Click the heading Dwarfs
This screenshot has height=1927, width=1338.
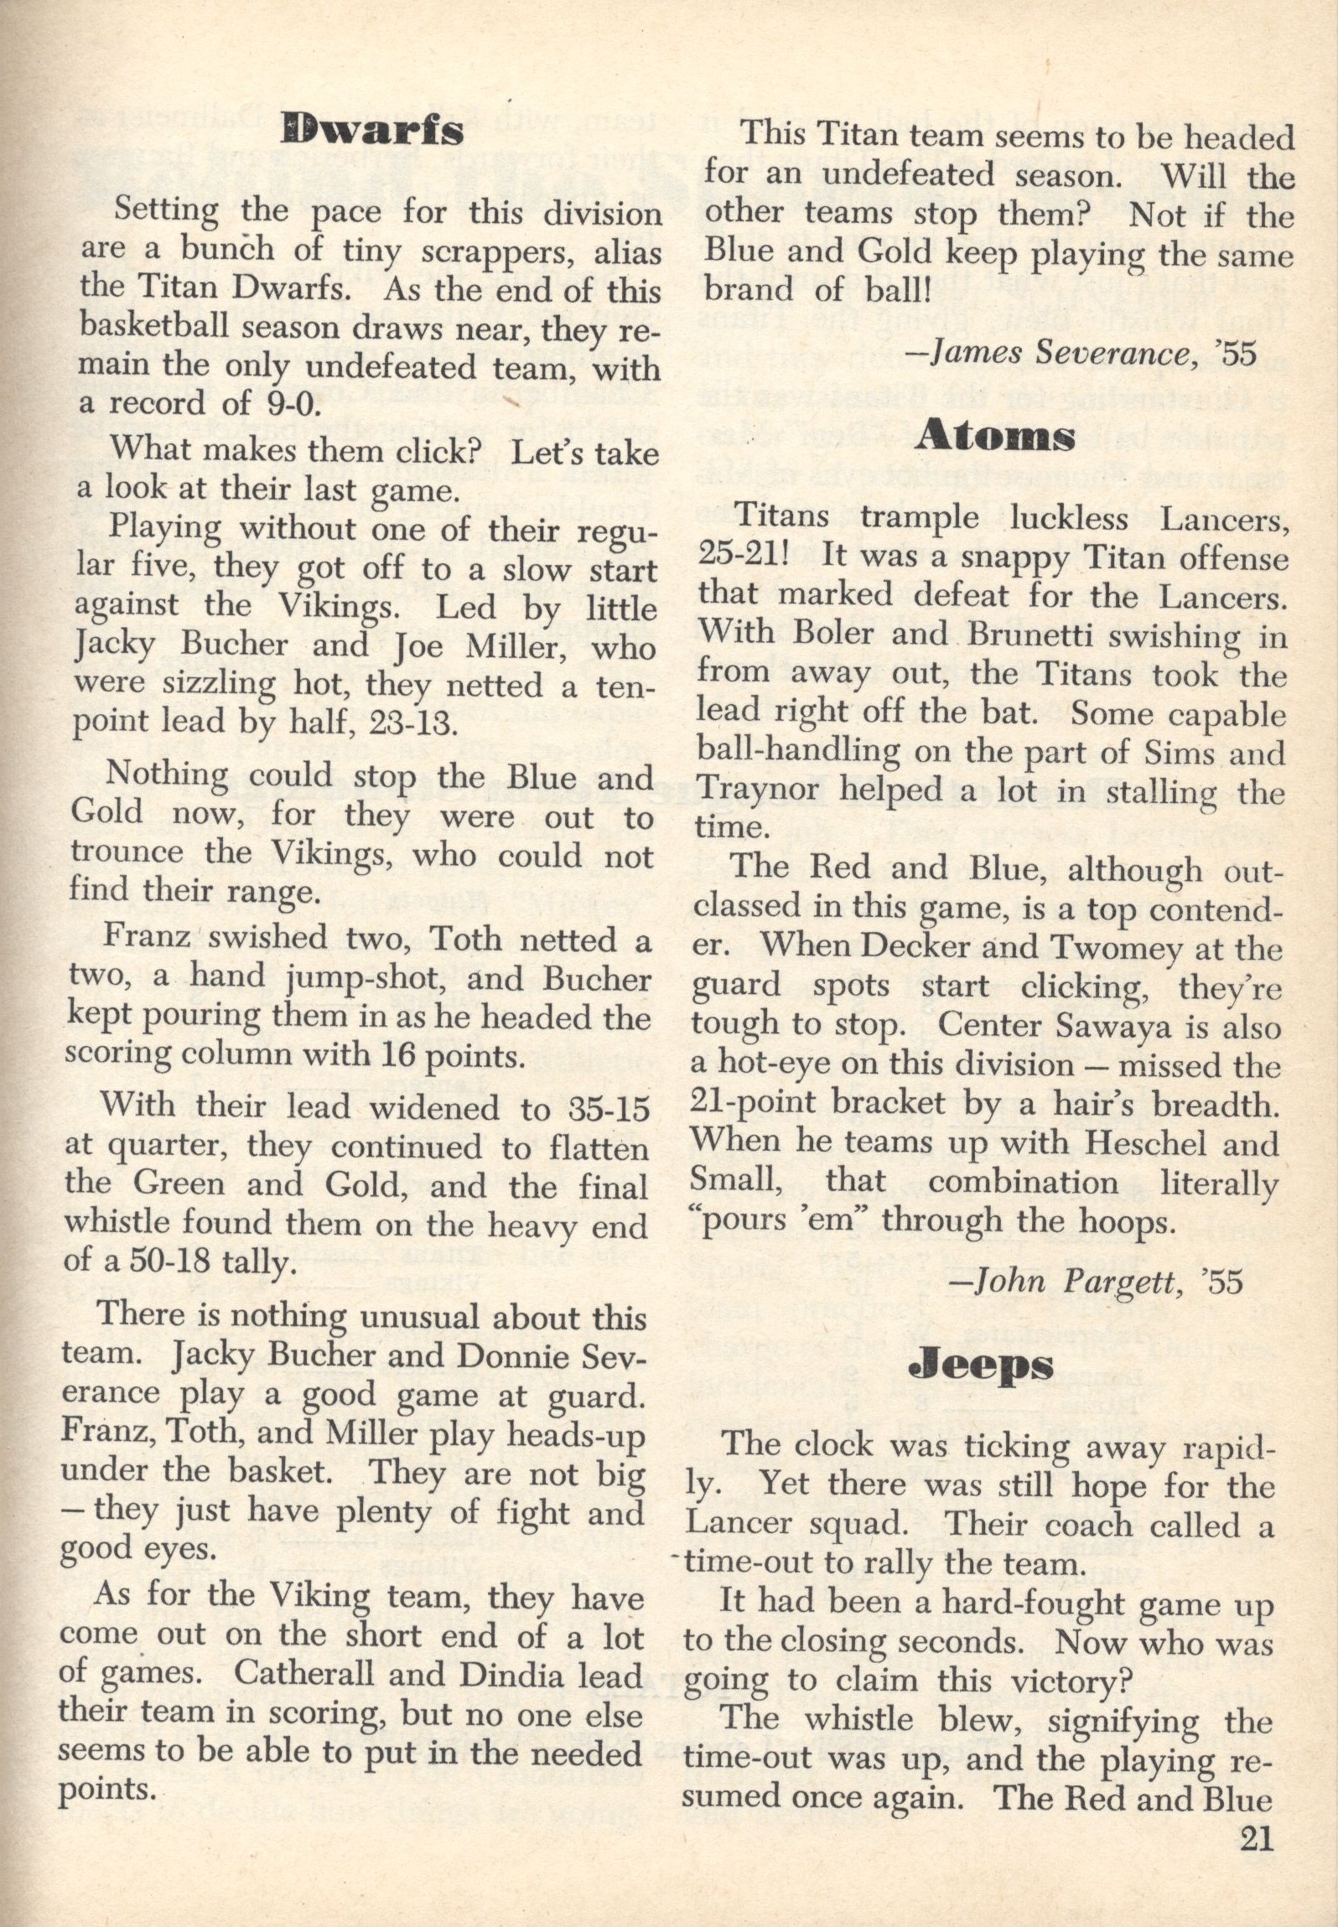(x=372, y=130)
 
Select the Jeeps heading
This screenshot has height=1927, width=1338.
(x=981, y=1365)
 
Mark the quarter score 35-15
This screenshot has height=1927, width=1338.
(x=601, y=1109)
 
